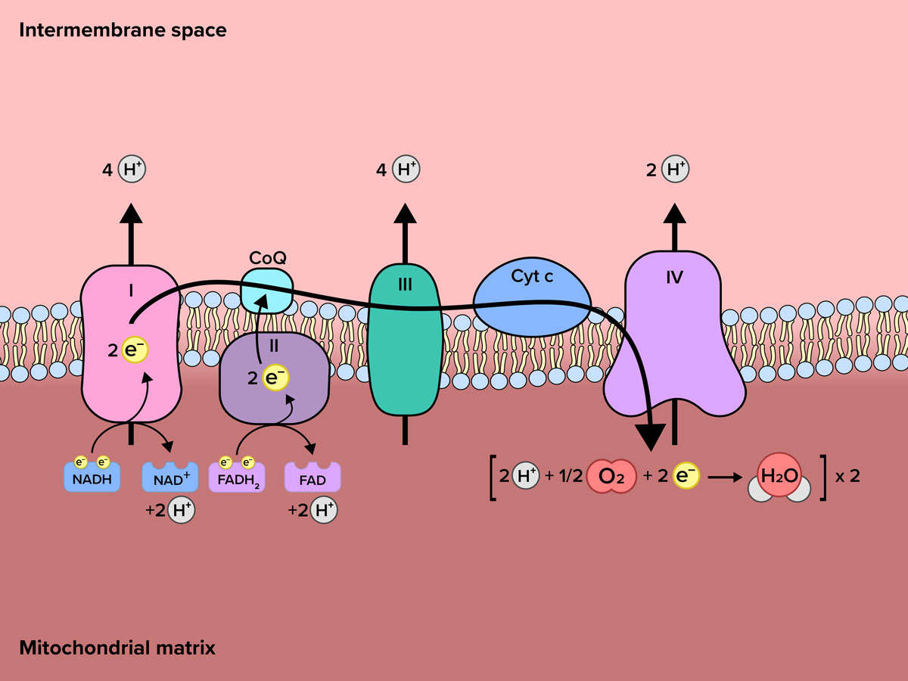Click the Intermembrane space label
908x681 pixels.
click(123, 31)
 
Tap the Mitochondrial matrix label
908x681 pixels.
click(117, 648)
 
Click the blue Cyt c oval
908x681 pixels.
click(532, 298)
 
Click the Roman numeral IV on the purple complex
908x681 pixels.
click(674, 278)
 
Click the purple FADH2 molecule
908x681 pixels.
click(236, 477)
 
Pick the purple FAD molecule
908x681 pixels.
click(313, 478)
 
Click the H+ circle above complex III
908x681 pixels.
click(406, 170)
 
